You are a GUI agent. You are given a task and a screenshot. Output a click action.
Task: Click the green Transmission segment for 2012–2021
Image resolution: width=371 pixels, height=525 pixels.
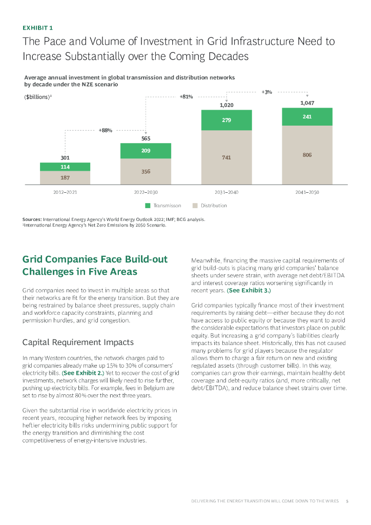(65, 167)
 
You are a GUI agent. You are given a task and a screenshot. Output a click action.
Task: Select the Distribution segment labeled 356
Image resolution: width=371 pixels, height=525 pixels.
(146, 171)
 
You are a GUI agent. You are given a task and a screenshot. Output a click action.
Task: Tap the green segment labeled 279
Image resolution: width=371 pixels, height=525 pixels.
(226, 120)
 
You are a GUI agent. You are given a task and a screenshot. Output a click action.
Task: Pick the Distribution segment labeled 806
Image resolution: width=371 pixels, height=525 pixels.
(307, 155)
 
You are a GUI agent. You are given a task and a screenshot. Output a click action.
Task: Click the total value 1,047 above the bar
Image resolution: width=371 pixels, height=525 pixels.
(306, 103)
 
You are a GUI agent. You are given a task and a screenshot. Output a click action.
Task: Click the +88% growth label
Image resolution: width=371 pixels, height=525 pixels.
(105, 130)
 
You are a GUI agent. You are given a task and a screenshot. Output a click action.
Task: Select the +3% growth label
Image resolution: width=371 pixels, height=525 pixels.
(266, 92)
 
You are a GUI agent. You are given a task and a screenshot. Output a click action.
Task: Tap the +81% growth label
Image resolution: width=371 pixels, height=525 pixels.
(186, 96)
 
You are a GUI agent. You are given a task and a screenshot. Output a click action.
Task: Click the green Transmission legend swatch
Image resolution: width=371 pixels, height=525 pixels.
(148, 206)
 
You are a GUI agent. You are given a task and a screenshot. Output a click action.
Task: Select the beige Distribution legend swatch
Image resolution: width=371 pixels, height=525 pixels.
(195, 206)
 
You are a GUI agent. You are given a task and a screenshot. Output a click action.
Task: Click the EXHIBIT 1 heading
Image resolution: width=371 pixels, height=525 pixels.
(37, 27)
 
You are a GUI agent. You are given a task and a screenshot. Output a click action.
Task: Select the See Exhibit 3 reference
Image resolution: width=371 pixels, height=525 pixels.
(249, 290)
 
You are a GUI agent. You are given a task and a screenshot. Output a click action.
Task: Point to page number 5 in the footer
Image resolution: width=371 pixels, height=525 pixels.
(347, 501)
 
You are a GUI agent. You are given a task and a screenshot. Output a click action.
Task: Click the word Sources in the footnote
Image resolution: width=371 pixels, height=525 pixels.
(32, 219)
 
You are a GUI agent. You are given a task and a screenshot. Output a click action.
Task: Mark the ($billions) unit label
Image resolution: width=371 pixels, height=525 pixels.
(38, 97)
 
